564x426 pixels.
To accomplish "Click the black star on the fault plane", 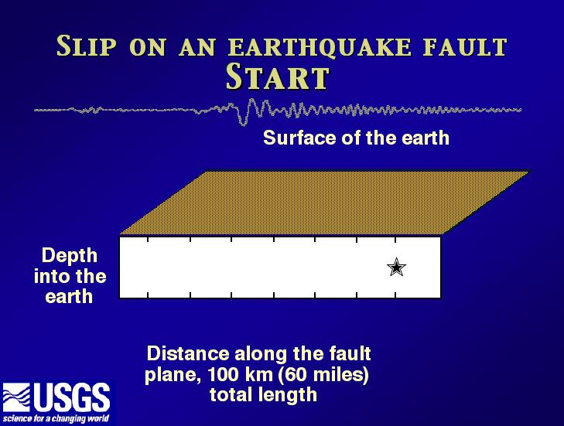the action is tap(396, 267).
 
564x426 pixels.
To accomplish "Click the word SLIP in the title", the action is tap(87, 46).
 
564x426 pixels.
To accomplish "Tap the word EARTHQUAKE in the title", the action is tap(320, 47).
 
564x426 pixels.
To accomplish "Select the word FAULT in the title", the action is tap(465, 46).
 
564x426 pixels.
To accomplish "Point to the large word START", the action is tap(277, 77).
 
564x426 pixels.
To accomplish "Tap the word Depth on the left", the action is tap(70, 257).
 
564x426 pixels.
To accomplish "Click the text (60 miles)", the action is tap(321, 375).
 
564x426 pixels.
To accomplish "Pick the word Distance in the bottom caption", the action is tap(188, 354).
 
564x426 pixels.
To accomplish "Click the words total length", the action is tap(263, 395).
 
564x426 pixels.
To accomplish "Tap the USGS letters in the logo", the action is tap(72, 397).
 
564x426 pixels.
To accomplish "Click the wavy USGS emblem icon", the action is tap(16, 397).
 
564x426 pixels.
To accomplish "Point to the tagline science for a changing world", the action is tap(56, 418).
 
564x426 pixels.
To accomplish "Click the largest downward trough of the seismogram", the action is tap(244, 123).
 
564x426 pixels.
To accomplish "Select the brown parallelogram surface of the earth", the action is tap(323, 203).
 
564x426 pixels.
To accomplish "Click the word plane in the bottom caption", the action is tap(172, 376).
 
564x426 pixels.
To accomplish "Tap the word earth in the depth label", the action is tap(69, 297).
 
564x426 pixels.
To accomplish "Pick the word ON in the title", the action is tap(148, 47).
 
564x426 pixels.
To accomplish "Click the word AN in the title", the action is tap(197, 47).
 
